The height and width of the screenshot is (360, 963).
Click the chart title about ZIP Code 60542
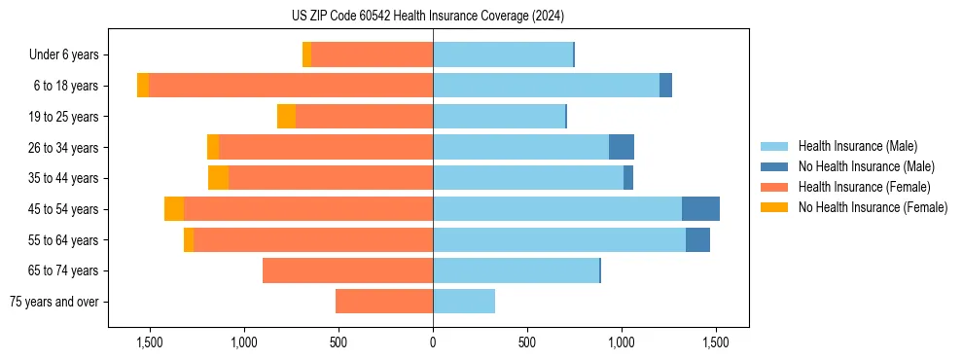pyautogui.click(x=427, y=16)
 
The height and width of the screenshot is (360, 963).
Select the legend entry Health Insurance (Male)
pyautogui.click(x=857, y=146)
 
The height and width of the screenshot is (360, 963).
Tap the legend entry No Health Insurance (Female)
pyautogui.click(x=873, y=207)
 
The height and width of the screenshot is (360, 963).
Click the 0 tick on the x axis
pyautogui.click(x=433, y=342)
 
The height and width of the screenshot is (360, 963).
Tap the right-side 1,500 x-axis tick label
pyautogui.click(x=716, y=342)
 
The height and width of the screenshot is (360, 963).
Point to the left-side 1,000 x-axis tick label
pyautogui.click(x=244, y=342)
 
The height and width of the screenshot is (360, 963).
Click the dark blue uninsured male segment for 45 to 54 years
pyautogui.click(x=700, y=209)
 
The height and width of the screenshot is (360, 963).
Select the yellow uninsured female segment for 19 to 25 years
pyautogui.click(x=286, y=117)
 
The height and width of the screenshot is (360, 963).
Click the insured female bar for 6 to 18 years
pyautogui.click(x=291, y=86)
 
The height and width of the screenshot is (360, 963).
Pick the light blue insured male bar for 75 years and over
pyautogui.click(x=464, y=302)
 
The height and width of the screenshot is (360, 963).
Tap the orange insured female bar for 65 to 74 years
pyautogui.click(x=347, y=270)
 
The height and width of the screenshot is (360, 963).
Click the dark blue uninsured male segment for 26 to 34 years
pyautogui.click(x=622, y=147)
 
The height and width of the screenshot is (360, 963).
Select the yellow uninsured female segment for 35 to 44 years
pyautogui.click(x=218, y=178)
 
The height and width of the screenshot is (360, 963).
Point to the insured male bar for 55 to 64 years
pyautogui.click(x=559, y=239)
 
